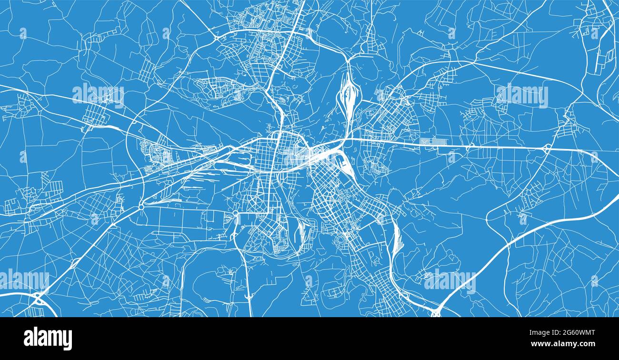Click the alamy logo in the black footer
tap(48, 339)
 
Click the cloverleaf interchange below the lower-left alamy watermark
tap(37, 299)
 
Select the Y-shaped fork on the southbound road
tap(249, 296)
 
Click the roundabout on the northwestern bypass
tap(217, 37)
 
